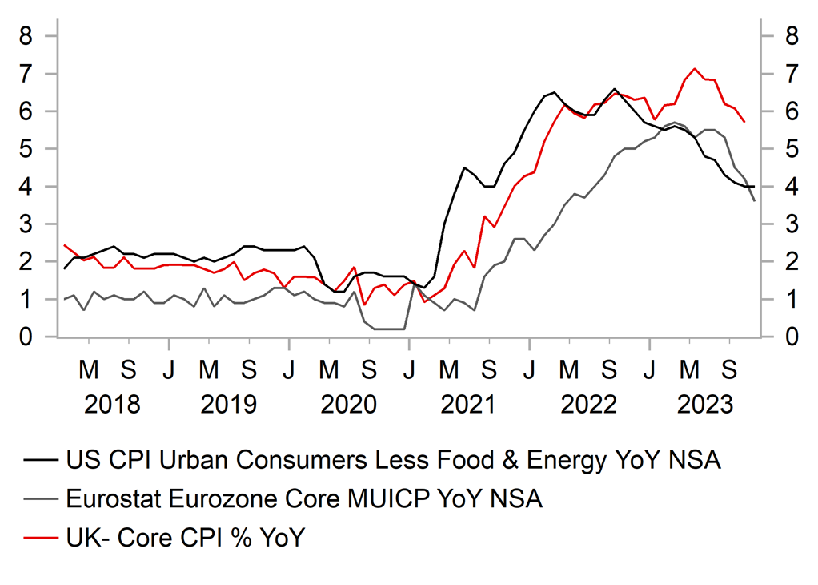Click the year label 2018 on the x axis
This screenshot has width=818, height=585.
[112, 404]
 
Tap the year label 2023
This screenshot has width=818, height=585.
[705, 404]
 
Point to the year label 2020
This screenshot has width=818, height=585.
[349, 404]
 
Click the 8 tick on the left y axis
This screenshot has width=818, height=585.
[26, 36]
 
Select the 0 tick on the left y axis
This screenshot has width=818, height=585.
[26, 337]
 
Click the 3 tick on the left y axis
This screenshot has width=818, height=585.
[26, 224]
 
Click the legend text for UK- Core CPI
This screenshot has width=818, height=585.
[185, 538]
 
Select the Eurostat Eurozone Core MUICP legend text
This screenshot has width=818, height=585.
[304, 499]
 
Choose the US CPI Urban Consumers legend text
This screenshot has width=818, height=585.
[393, 461]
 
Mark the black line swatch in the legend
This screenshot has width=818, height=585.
[41, 462]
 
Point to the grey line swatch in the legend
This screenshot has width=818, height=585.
[41, 500]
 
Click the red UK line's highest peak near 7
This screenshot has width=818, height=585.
[694, 69]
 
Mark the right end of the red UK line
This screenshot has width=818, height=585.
[745, 122]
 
